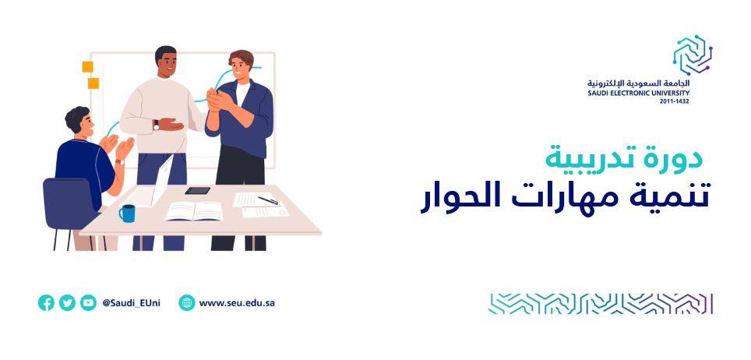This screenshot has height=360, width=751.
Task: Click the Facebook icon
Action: (x=46, y=302)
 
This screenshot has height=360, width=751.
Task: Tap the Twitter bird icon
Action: (x=67, y=302)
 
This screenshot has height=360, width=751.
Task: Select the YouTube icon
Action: (x=88, y=302)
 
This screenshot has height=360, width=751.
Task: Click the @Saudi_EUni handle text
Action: (x=131, y=303)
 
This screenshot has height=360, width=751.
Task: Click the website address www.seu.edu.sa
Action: (x=237, y=303)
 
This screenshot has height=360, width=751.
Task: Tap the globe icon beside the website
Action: (x=187, y=302)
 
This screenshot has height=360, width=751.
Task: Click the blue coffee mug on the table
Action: (x=127, y=213)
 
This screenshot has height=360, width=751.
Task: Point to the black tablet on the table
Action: (x=197, y=190)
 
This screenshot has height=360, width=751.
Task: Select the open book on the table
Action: (x=194, y=211)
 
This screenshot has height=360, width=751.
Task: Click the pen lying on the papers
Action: (x=268, y=200)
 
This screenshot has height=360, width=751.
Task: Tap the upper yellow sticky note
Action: (x=87, y=67)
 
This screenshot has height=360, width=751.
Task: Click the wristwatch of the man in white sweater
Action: (x=156, y=125)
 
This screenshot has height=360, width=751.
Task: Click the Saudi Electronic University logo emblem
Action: (x=693, y=55)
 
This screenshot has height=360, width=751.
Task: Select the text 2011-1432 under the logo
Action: (x=675, y=101)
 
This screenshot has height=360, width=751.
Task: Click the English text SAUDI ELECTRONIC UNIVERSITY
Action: (x=639, y=93)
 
